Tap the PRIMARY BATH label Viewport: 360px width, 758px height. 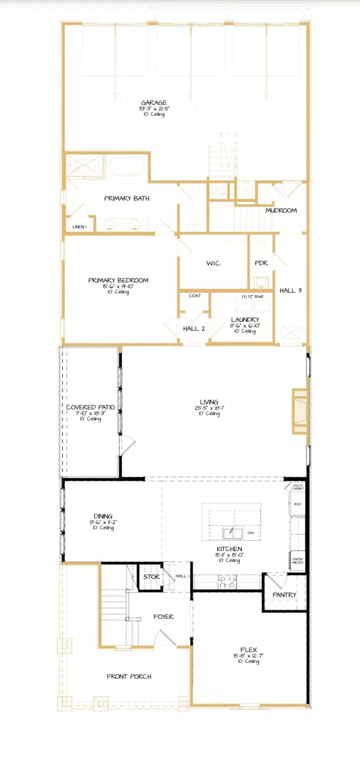(x=127, y=198)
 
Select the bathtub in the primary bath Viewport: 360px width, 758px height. (x=127, y=166)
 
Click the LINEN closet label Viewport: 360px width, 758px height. (x=79, y=226)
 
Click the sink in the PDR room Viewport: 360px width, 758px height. (x=261, y=281)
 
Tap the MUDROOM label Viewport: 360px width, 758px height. (x=281, y=211)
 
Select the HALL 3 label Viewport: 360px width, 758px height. (x=290, y=290)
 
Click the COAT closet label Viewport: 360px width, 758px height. (x=194, y=296)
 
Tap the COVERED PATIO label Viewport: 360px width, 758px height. (x=91, y=408)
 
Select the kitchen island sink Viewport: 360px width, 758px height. (x=230, y=533)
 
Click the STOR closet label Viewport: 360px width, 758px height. (x=152, y=577)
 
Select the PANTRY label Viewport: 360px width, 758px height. (x=284, y=595)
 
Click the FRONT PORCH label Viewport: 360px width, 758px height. (x=129, y=676)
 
